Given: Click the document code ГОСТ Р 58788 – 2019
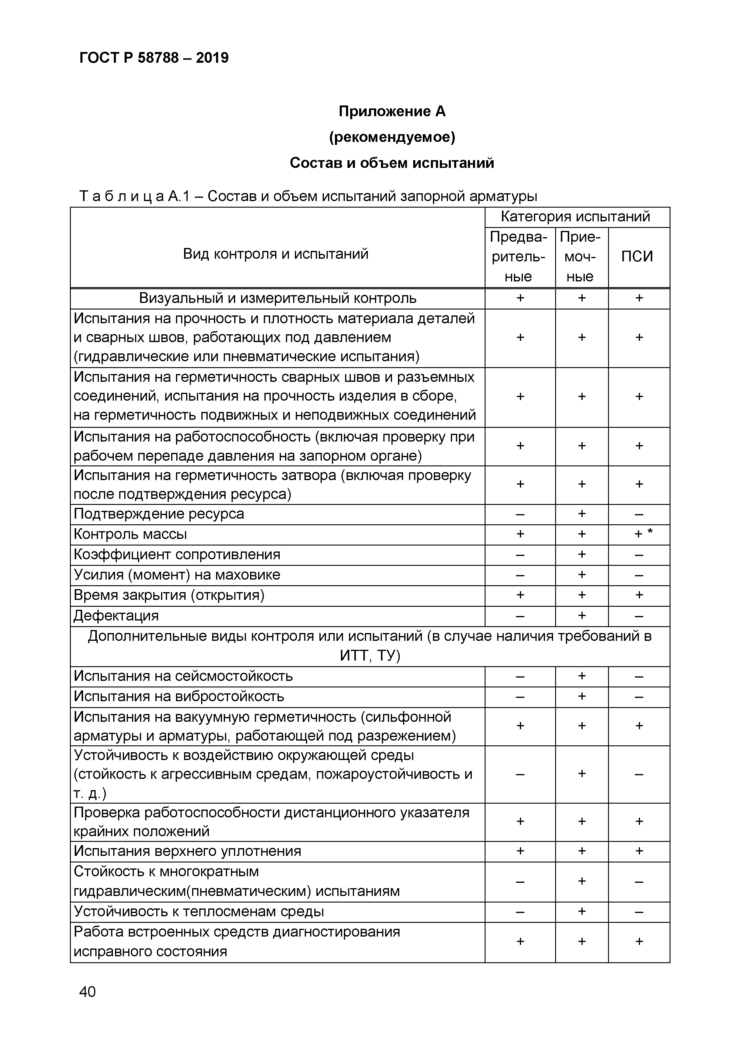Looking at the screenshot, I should (154, 58).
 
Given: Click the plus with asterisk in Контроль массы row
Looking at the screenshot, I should (643, 534).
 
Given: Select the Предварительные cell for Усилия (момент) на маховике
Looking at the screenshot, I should (520, 575).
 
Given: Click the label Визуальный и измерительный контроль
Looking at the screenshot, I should (277, 298).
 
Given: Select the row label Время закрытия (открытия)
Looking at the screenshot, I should (169, 595).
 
